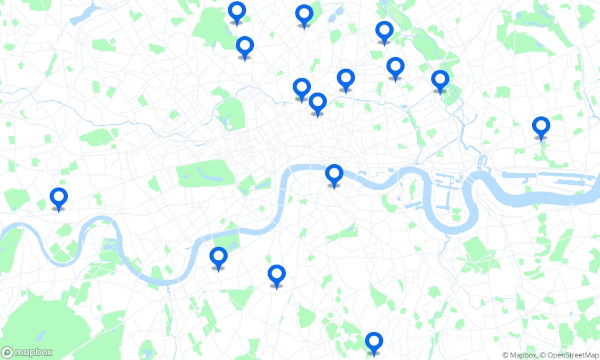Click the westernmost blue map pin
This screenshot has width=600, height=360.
59,197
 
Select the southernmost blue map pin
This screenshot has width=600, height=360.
374,341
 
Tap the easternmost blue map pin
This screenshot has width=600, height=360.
541,126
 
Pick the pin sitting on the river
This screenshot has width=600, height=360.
334,174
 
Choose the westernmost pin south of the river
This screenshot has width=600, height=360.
218,257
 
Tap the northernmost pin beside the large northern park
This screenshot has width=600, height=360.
237,11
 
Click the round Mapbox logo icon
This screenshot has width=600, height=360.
7,352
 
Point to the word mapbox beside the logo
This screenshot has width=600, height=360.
33,352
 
